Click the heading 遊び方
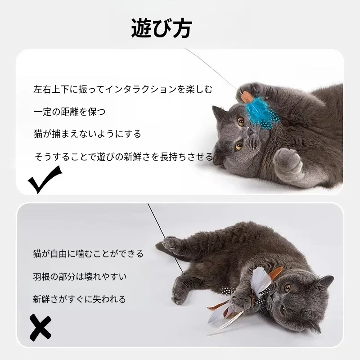tap(162, 28)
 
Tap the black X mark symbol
tap(40, 328)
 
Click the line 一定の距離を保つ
tap(69, 112)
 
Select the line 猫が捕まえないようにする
tap(87, 134)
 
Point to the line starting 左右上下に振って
tap(123, 90)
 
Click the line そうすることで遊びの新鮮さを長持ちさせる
tap(124, 157)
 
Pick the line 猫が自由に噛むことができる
tap(88, 254)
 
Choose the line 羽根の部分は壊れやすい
tap(80, 276)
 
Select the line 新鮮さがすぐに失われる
tap(79, 299)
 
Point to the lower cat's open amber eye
tap(288, 288)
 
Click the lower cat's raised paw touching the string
tap(170, 242)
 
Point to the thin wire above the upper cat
tap(211, 70)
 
